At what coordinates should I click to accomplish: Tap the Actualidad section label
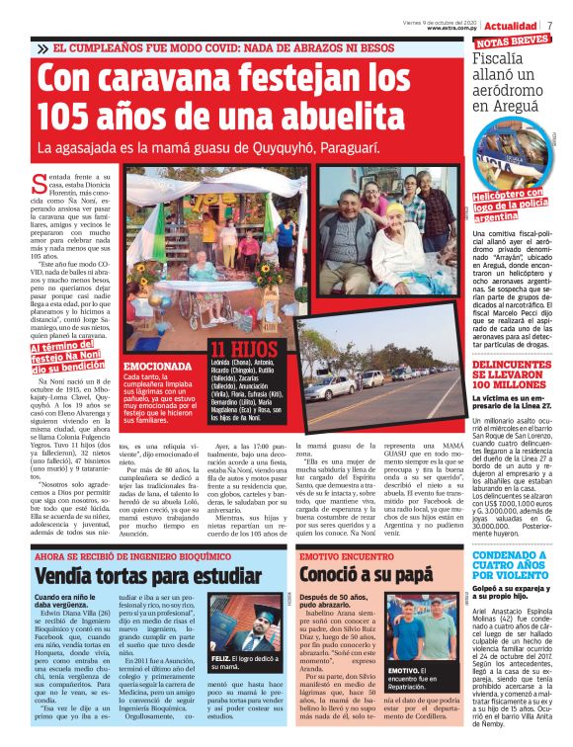511,25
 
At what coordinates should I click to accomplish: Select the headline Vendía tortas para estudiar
147,575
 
